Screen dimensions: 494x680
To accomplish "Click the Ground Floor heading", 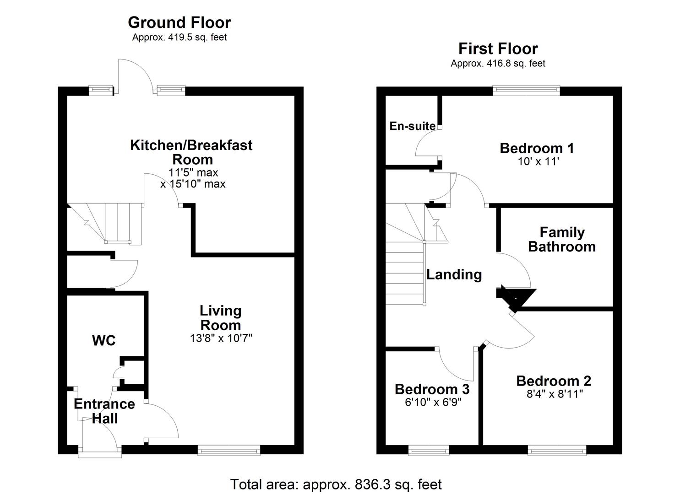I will click(179, 22).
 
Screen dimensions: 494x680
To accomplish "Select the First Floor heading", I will click(498, 48).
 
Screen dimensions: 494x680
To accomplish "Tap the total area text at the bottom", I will click(336, 484).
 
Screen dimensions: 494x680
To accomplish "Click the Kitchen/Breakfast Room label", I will click(191, 152).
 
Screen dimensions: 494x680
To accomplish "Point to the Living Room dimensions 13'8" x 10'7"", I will click(221, 338).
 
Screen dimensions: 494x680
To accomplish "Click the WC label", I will click(104, 341).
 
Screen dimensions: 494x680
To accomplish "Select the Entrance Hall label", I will click(104, 411).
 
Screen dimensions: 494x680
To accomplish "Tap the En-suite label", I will click(412, 126).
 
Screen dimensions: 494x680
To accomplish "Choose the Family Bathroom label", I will click(562, 239).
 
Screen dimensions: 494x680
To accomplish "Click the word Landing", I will click(454, 274).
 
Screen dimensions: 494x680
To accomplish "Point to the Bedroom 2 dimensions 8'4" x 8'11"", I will click(554, 394).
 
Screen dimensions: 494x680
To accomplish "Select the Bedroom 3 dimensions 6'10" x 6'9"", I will click(432, 402).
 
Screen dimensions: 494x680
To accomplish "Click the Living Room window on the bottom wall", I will click(229, 451).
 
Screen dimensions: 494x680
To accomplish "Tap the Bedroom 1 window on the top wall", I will click(526, 91).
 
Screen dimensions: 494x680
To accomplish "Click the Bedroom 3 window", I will click(429, 451).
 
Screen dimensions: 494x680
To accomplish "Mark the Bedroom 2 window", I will click(557, 451).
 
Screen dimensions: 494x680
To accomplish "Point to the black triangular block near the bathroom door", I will click(517, 298).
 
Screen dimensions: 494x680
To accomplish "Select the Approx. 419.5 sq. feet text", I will click(179, 38).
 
